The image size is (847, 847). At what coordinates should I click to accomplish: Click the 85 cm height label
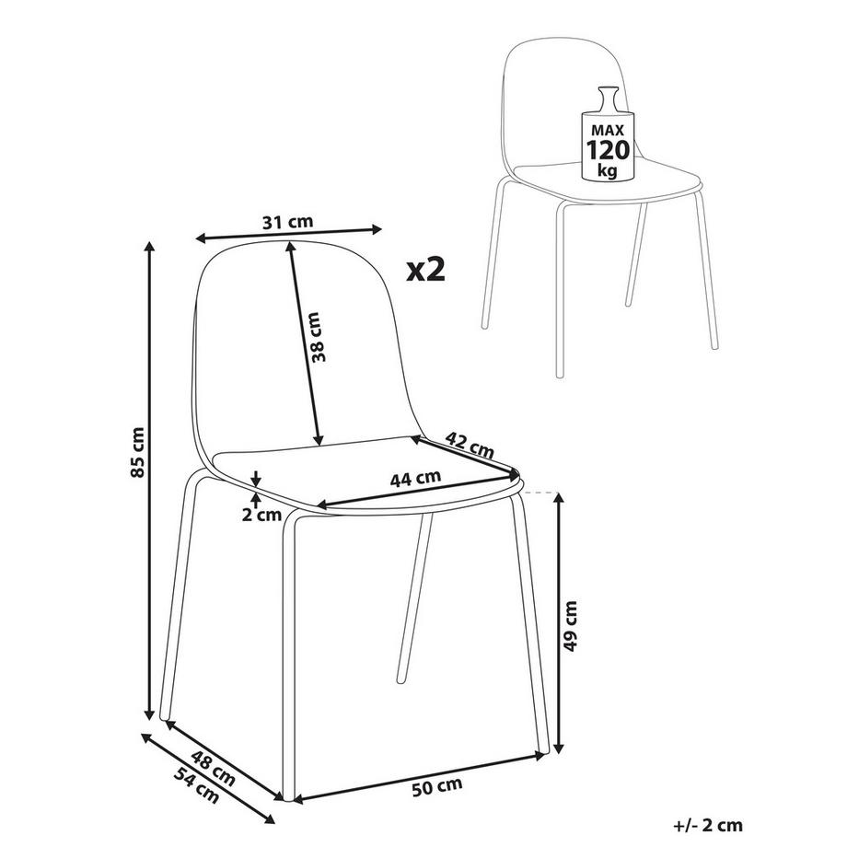pos(137,454)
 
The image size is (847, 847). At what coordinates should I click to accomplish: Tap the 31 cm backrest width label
pos(287,222)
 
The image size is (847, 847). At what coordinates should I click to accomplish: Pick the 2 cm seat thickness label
pos(262,515)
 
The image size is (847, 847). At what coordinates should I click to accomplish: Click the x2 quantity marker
pos(426,269)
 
